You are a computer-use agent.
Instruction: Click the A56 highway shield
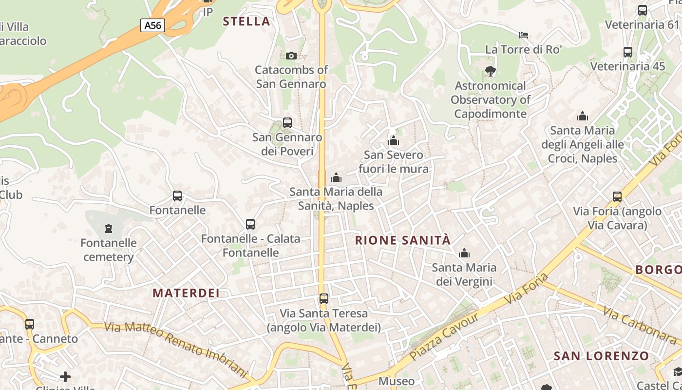(152, 25)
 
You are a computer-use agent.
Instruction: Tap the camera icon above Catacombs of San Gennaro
(291, 56)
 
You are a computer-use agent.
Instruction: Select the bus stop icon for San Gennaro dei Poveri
(287, 123)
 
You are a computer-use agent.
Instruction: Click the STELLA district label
(246, 21)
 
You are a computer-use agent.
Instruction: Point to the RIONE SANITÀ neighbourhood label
(403, 240)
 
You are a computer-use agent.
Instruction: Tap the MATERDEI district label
(186, 293)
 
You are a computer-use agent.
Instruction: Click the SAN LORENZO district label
(602, 356)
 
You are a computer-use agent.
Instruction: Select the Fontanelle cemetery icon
(109, 228)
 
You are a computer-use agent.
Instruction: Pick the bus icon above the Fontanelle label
(177, 196)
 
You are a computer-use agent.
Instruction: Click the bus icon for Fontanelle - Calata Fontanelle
(250, 224)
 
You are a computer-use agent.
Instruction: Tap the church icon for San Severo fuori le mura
(394, 141)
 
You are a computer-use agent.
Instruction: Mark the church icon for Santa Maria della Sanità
(336, 177)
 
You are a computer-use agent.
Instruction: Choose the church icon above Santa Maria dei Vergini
(464, 253)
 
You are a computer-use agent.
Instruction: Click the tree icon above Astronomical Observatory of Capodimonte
(491, 71)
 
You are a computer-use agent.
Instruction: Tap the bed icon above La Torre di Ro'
(524, 35)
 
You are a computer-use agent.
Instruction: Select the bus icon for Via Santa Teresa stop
(324, 299)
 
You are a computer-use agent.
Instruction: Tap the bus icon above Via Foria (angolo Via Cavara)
(617, 197)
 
